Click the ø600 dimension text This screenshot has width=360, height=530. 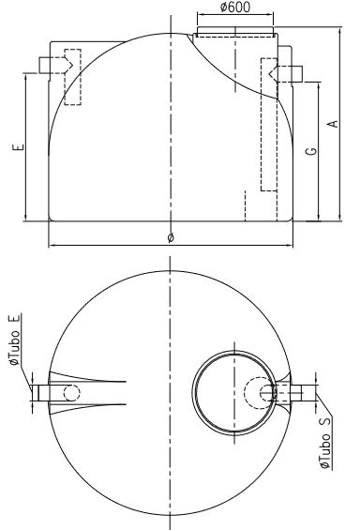click(x=235, y=8)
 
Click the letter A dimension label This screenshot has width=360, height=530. click(x=333, y=124)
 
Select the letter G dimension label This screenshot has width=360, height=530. click(x=311, y=150)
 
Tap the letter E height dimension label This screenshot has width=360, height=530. click(x=19, y=147)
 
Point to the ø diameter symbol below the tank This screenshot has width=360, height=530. click(x=171, y=238)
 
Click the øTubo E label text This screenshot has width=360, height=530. click(x=14, y=339)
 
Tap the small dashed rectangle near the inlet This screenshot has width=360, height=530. click(x=72, y=77)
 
